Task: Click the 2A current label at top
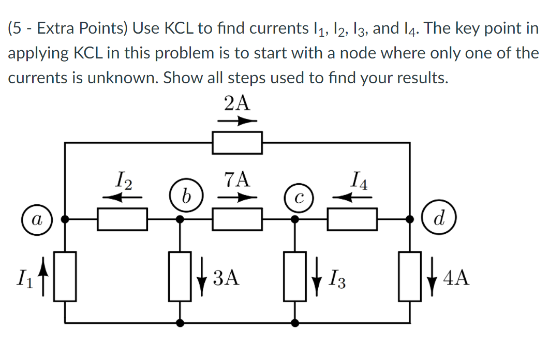coord(237,103)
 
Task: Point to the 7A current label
coord(237,179)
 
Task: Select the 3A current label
coord(226,278)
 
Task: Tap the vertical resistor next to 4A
coord(410,276)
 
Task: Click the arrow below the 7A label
coord(237,197)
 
